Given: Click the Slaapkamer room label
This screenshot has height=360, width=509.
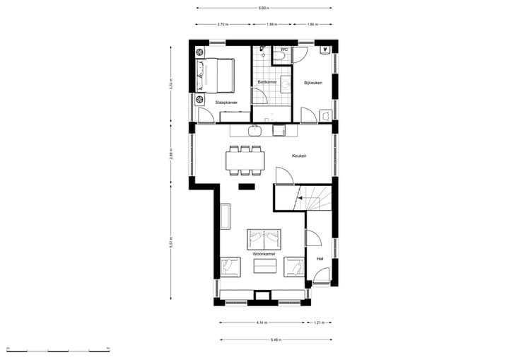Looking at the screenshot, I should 226,103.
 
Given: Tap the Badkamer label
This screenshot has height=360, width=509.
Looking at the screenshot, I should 267,82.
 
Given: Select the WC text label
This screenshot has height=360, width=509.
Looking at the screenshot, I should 283,50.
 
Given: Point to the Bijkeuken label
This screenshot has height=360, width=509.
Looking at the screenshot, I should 313,83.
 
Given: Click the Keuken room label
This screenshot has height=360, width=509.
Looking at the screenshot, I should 299,156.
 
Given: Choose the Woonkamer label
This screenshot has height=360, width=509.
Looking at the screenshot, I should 264,252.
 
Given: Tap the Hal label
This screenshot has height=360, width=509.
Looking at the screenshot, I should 320,258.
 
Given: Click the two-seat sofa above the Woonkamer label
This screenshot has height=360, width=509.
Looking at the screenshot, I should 264,238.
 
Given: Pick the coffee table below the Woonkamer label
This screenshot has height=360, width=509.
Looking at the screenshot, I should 265,266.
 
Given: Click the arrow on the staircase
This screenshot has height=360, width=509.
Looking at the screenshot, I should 301,199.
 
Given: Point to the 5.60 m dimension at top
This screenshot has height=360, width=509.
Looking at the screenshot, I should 263,8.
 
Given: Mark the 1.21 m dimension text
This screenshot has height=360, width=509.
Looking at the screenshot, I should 320,323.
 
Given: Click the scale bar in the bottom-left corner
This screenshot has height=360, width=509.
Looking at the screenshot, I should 57,349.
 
